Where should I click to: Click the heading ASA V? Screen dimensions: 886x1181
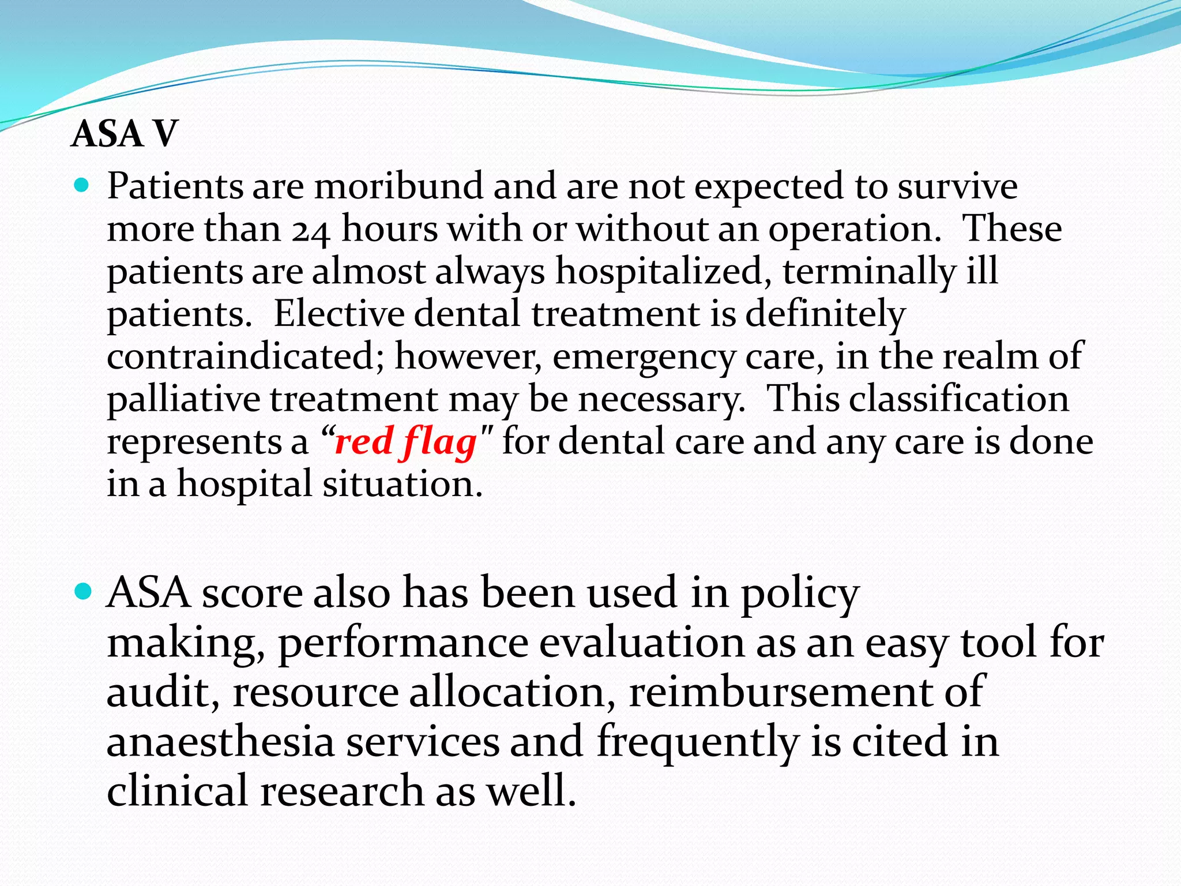click(x=124, y=134)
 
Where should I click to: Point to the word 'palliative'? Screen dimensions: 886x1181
click(x=183, y=399)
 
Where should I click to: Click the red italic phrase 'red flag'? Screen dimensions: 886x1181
click(x=406, y=442)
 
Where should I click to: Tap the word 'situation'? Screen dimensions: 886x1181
click(x=402, y=484)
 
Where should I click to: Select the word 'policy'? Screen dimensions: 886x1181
click(x=800, y=594)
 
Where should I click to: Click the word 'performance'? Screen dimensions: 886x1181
click(x=404, y=644)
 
